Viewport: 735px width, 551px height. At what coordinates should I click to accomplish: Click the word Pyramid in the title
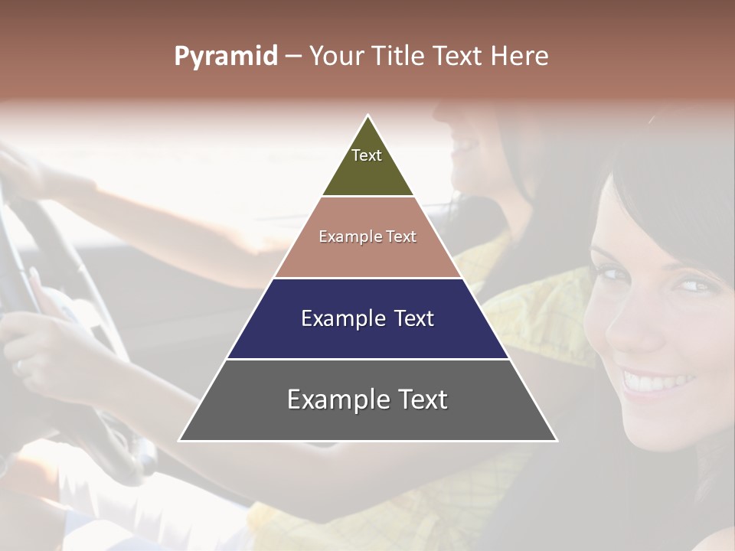click(x=226, y=57)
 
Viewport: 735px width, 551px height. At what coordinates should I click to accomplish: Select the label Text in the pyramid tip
click(x=367, y=155)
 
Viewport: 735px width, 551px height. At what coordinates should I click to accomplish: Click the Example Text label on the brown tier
click(x=367, y=236)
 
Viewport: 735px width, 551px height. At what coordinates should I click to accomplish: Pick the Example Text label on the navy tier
click(x=367, y=318)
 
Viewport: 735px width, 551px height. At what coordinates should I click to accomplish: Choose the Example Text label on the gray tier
click(x=367, y=399)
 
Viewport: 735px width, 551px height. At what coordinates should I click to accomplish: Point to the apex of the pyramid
click(x=368, y=116)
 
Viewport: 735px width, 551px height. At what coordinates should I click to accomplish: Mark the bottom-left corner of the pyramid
click(x=180, y=440)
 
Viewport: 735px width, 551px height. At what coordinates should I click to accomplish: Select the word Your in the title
click(x=335, y=56)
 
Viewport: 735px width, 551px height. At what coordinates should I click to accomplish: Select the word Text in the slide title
click(x=457, y=56)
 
